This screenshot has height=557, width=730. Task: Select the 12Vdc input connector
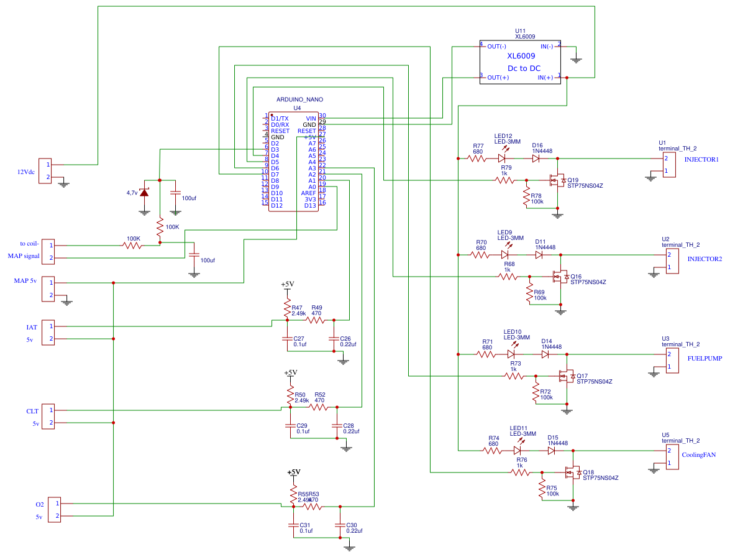click(x=45, y=171)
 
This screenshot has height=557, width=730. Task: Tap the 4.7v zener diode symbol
click(x=144, y=193)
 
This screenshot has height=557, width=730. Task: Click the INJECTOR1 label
click(x=701, y=160)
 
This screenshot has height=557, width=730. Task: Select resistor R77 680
click(x=477, y=159)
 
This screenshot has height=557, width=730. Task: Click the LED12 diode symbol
click(x=502, y=159)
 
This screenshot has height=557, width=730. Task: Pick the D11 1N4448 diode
click(x=539, y=255)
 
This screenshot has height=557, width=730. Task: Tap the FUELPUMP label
click(x=705, y=359)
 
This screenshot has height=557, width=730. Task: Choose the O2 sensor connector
click(x=54, y=510)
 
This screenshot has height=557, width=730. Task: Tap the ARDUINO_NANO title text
click(x=299, y=99)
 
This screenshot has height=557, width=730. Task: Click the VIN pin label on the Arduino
click(x=311, y=118)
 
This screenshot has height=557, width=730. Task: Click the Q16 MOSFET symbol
click(x=559, y=277)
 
